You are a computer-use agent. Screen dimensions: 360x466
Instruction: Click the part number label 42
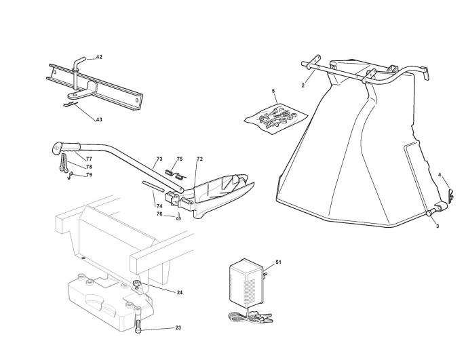tap(99, 56)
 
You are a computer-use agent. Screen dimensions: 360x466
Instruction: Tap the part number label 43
tap(99, 119)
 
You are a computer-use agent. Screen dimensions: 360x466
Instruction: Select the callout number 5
tap(273, 90)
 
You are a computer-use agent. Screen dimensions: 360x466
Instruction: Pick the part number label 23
tap(178, 328)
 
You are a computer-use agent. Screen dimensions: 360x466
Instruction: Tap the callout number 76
tap(159, 214)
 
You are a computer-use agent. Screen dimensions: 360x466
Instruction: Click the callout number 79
tap(89, 176)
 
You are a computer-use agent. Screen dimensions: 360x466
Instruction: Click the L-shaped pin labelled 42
tap(79, 63)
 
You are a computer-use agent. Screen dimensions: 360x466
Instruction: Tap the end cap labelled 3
tap(430, 214)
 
